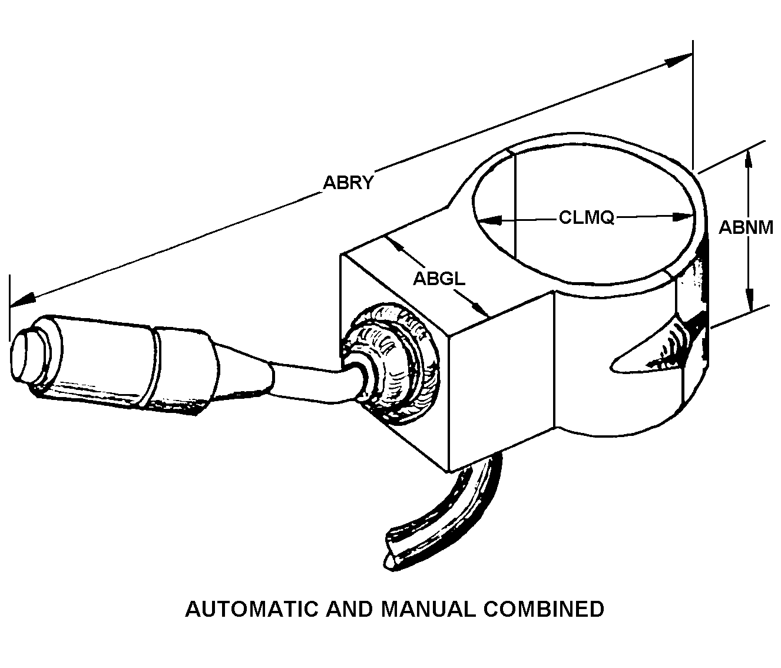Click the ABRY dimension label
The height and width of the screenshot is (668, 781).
(348, 183)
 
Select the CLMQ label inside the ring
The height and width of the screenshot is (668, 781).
(587, 218)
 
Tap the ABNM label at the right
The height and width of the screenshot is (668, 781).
(746, 227)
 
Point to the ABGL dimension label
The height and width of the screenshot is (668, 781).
(439, 279)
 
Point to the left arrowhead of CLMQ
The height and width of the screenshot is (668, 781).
(489, 220)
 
